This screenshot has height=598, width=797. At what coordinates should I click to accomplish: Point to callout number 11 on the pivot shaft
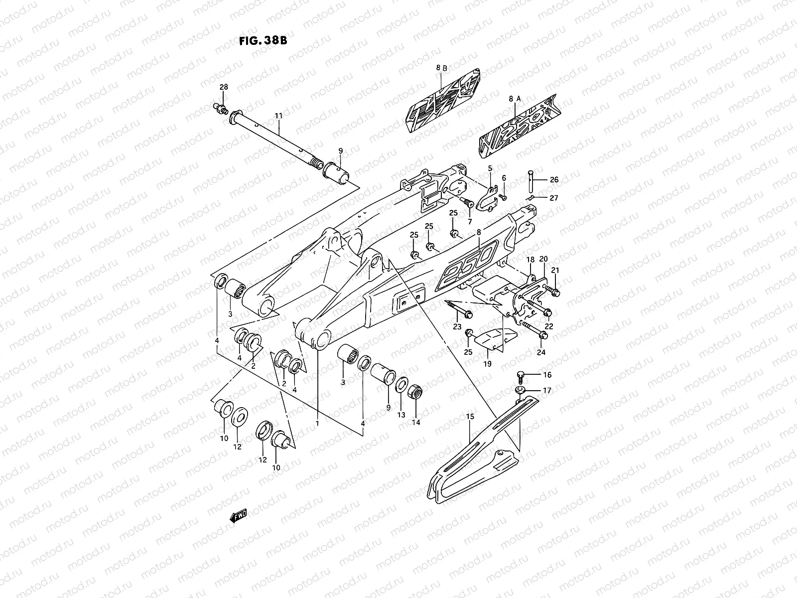278,116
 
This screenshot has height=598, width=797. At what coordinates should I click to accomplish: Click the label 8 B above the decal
441,67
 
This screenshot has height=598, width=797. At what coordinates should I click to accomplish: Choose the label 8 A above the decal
515,99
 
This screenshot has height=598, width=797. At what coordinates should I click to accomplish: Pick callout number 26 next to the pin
554,179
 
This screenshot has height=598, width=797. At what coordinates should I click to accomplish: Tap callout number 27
554,198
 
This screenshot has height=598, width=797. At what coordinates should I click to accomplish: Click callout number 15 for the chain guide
470,416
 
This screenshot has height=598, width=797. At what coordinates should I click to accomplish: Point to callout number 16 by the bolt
547,375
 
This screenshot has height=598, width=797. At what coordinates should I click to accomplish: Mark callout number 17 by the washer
547,391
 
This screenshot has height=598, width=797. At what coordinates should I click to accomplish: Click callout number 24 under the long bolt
541,352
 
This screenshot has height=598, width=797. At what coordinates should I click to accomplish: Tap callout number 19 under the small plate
487,364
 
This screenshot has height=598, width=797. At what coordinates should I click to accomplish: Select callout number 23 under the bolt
457,327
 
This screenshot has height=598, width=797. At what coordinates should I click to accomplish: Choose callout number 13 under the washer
401,415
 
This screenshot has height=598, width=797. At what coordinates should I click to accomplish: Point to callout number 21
555,270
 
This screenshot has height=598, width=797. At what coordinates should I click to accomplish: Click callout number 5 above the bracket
490,168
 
